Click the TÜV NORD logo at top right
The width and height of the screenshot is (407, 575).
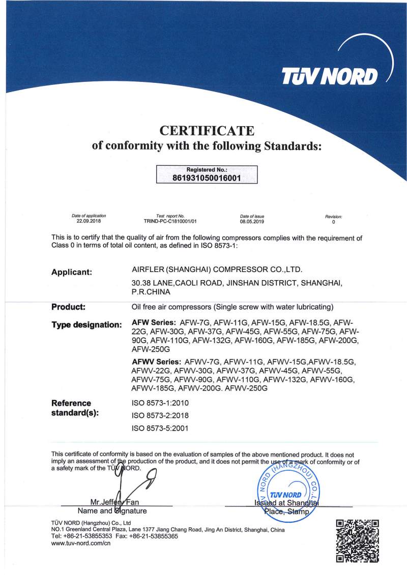(331, 76)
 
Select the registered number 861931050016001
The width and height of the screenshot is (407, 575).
(207, 178)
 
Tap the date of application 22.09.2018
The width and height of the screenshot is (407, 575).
(89, 222)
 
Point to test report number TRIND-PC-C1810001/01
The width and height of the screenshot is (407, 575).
(170, 222)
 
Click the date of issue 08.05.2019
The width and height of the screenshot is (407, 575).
(252, 222)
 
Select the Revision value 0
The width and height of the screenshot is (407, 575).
(334, 222)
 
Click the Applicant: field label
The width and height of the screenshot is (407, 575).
(72, 272)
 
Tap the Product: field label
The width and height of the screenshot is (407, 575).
(68, 307)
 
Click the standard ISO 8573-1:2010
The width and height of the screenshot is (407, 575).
(160, 402)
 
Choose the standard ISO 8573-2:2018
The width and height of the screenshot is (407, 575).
(160, 415)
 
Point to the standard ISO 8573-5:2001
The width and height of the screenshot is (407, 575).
(160, 428)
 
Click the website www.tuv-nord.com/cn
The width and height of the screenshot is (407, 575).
(81, 543)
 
